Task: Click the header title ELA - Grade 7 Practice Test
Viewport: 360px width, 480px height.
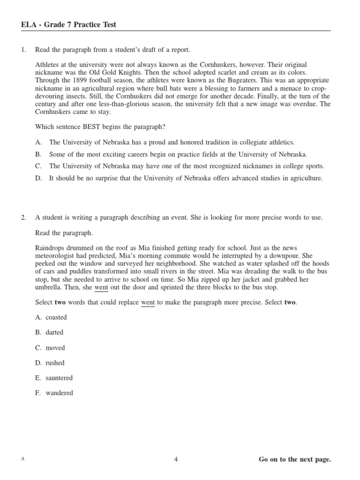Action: pyautogui.click(x=68, y=25)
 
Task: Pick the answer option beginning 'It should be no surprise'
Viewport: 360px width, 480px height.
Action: pyautogui.click(x=186, y=178)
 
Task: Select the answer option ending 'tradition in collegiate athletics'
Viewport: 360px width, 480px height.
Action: pyautogui.click(x=172, y=142)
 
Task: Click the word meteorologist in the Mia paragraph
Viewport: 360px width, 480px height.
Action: pyautogui.click(x=57, y=255)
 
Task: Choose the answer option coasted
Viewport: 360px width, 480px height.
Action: pyautogui.click(x=56, y=317)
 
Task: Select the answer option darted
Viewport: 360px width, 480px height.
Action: pyautogui.click(x=54, y=332)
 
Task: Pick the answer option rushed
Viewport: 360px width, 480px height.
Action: pyautogui.click(x=55, y=363)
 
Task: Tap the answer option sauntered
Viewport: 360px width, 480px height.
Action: pyautogui.click(x=59, y=378)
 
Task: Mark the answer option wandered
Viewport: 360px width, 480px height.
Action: pyautogui.click(x=59, y=393)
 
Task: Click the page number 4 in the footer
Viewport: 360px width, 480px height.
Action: pyautogui.click(x=176, y=459)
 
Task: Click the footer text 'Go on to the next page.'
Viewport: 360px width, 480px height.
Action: pyautogui.click(x=294, y=459)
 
